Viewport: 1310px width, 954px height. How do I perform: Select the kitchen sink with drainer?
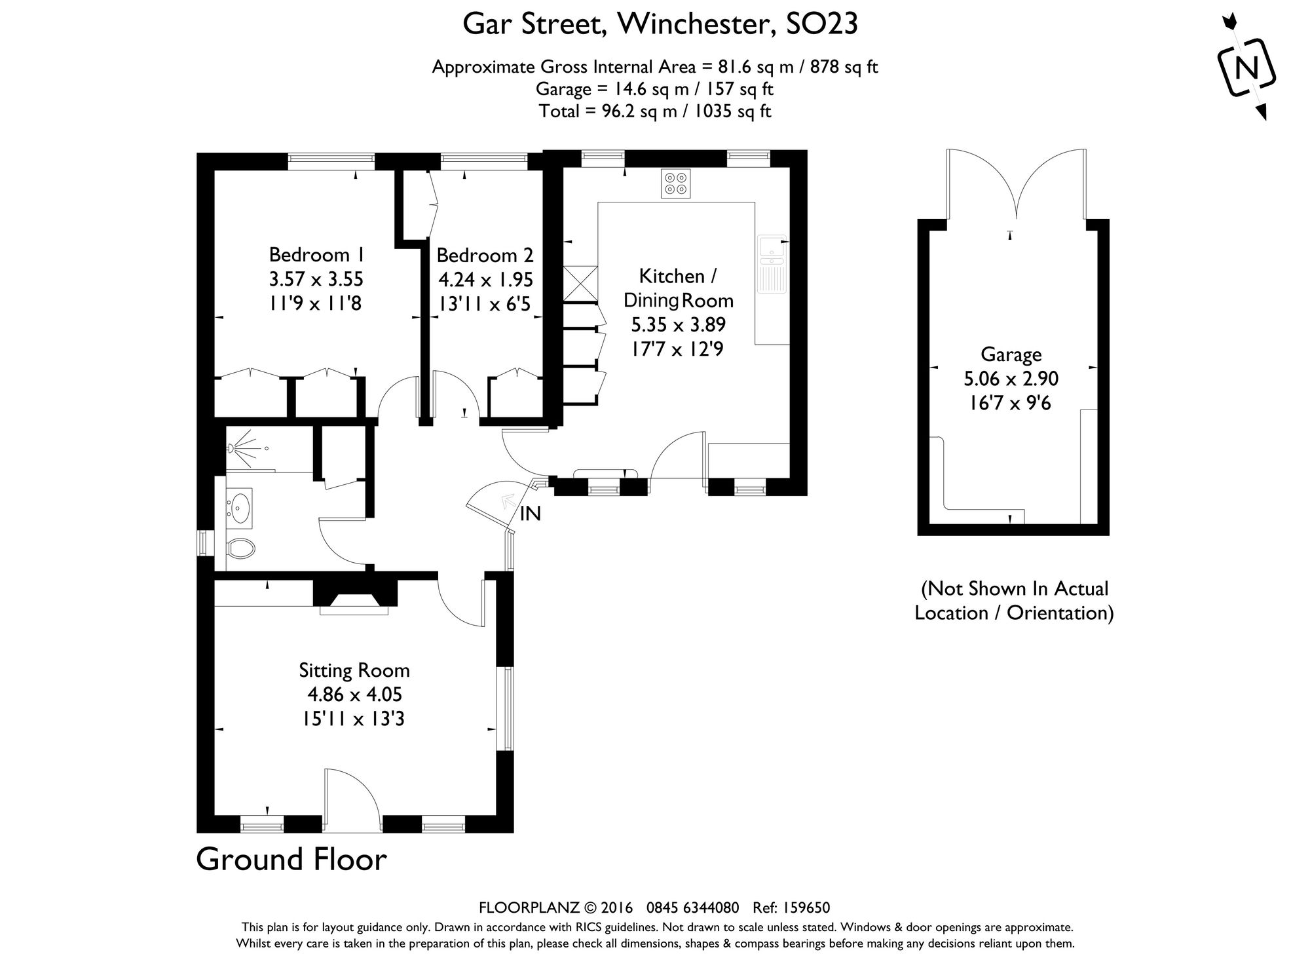coord(772,263)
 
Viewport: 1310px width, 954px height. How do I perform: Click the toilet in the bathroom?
coord(240,548)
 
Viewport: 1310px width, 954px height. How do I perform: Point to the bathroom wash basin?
coord(240,506)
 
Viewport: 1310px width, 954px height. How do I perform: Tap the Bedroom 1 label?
coord(317,254)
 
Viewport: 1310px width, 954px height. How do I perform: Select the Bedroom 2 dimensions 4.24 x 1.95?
coord(485,280)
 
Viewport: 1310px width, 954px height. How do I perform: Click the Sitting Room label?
coord(354,670)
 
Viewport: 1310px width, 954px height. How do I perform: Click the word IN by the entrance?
coord(530,514)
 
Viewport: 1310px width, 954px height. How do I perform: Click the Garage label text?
coord(1011,354)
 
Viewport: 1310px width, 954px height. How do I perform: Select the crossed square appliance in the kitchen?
coord(580,283)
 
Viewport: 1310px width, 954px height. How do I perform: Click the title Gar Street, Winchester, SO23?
coord(660,25)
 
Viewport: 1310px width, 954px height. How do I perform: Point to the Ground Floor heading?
coord(291,860)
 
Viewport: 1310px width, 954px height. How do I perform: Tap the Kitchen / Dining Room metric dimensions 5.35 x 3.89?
coord(678,325)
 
